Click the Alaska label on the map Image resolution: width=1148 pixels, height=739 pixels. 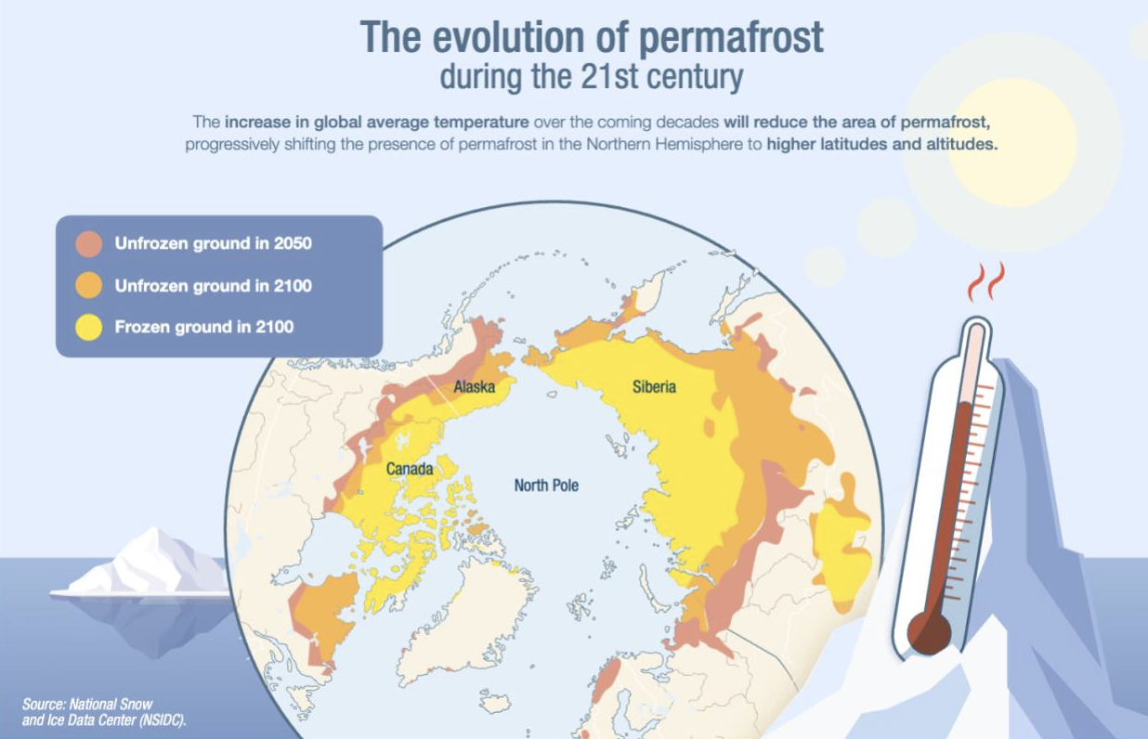click(474, 386)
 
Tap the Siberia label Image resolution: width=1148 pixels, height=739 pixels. click(654, 386)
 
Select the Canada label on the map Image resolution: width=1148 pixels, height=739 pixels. click(410, 469)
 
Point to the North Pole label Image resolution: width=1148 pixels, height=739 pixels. click(546, 485)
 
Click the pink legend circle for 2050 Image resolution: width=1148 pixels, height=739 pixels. click(89, 244)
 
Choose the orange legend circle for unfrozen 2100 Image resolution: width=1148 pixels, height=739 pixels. click(89, 285)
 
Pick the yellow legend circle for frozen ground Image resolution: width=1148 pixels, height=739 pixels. click(89, 327)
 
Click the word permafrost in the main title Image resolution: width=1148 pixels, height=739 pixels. click(731, 38)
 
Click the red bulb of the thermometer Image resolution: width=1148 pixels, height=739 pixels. click(929, 633)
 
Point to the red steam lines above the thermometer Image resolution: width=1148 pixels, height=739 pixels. click(986, 281)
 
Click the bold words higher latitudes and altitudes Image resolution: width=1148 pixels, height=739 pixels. click(882, 145)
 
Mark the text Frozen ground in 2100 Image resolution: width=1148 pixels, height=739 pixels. click(204, 327)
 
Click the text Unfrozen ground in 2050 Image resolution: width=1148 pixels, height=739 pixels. click(214, 244)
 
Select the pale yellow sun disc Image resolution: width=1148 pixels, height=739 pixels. click(1011, 142)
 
